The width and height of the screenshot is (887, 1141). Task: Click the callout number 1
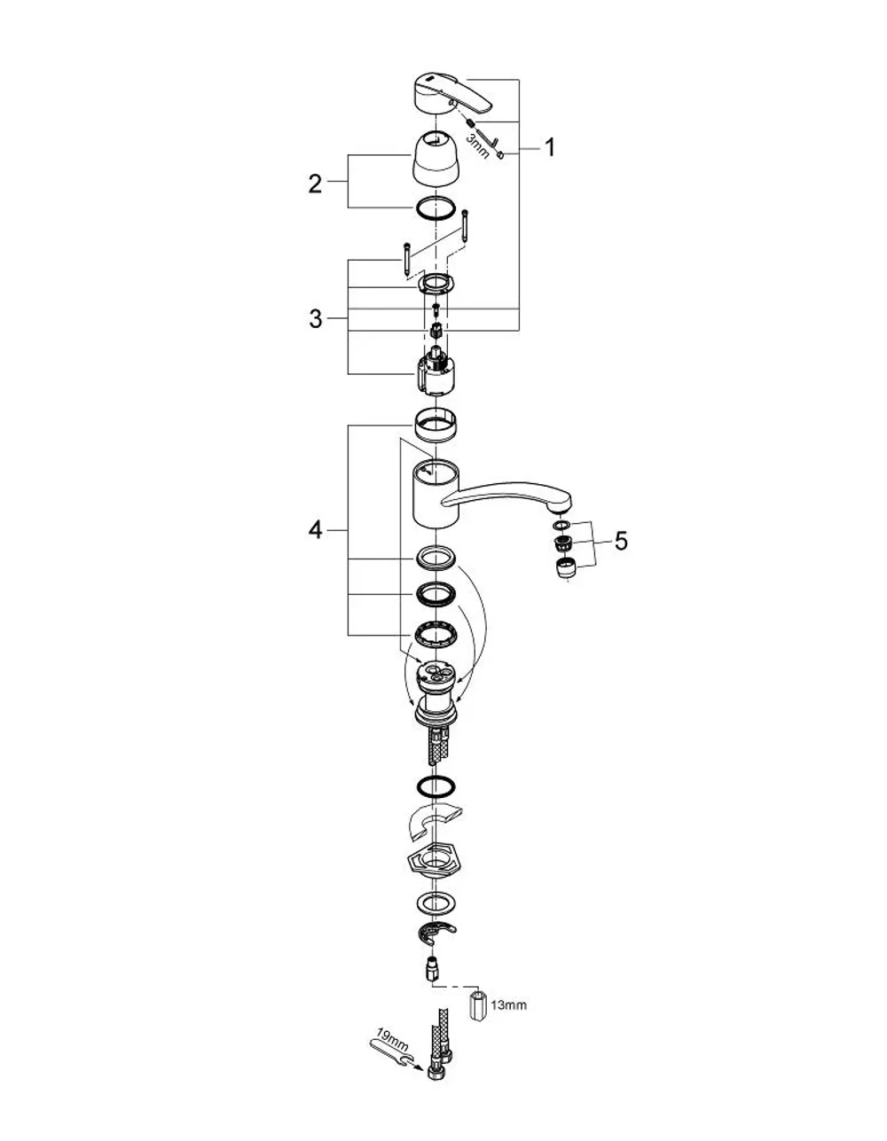coord(550,147)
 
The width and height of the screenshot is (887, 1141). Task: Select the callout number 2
coord(315,184)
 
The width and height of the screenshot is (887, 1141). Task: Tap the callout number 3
coord(315,318)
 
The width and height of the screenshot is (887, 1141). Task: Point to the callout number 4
coord(315,531)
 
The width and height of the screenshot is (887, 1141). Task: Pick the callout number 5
coord(621,541)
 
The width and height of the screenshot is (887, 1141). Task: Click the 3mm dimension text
coord(478,146)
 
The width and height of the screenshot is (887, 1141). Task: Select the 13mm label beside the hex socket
coord(508,1005)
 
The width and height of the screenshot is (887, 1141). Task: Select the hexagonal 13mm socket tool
coord(477,1006)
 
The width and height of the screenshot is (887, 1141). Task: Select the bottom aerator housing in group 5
coord(566,568)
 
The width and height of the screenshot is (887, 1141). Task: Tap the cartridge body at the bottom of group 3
coord(435,374)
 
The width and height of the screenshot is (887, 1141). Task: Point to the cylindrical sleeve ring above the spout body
coord(435,425)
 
